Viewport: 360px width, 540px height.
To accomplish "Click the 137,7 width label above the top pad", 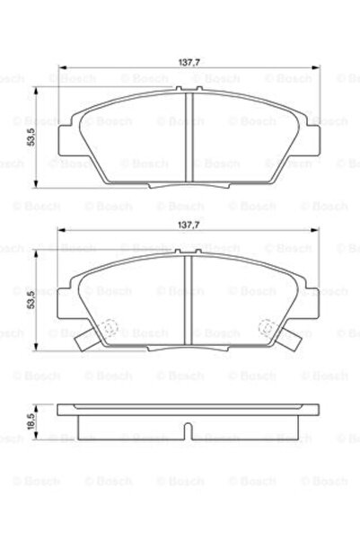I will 188,63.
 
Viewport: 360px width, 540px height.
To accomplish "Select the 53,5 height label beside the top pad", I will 31,137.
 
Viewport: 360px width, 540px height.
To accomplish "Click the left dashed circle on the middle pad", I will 110,330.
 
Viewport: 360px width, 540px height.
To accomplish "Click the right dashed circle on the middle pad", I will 265,330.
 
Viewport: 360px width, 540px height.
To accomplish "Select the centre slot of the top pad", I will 188,135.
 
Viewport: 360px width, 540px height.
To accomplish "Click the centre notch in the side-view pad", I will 188,431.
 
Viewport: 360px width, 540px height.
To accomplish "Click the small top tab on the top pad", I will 188,89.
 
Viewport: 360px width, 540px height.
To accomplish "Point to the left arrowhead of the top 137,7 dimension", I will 60,69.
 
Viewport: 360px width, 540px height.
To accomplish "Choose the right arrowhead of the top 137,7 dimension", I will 315,69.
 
